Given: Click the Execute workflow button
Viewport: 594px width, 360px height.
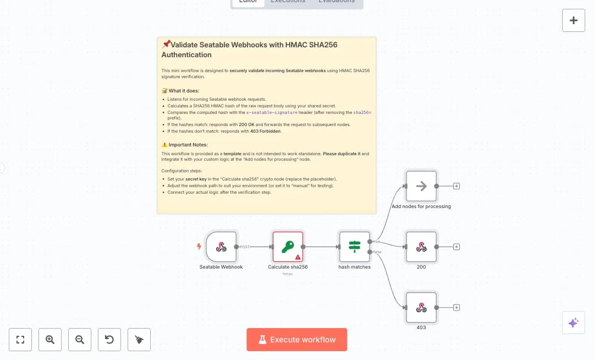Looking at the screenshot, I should pyautogui.click(x=296, y=340).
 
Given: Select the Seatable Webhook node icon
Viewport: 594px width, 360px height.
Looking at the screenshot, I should pyautogui.click(x=221, y=247).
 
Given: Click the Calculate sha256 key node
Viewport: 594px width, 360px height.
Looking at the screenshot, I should pyautogui.click(x=288, y=247).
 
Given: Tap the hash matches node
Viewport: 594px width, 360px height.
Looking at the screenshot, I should pyautogui.click(x=354, y=247).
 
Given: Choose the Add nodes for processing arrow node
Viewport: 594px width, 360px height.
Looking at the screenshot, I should pyautogui.click(x=421, y=186).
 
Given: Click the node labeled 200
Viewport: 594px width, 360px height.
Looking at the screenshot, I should pyautogui.click(x=421, y=247).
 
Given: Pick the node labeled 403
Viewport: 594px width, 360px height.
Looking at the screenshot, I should pyautogui.click(x=421, y=308).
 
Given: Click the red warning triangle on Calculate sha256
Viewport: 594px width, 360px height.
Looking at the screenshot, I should pyautogui.click(x=298, y=257).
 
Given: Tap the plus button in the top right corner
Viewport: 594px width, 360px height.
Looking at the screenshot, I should pyautogui.click(x=573, y=20).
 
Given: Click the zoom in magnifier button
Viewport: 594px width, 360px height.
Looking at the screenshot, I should pyautogui.click(x=50, y=340).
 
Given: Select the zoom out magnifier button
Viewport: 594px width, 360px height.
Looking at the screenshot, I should pyautogui.click(x=80, y=340).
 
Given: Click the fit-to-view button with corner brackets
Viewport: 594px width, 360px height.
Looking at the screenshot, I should pyautogui.click(x=20, y=340).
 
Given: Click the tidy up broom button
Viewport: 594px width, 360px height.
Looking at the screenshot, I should pyautogui.click(x=139, y=340).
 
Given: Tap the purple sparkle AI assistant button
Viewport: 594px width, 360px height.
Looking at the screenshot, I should pyautogui.click(x=573, y=323).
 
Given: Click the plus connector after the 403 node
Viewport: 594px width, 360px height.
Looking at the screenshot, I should pyautogui.click(x=457, y=308).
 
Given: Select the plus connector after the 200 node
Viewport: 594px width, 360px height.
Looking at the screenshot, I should pyautogui.click(x=457, y=247).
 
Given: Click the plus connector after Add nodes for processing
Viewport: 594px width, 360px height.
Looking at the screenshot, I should pyautogui.click(x=457, y=186).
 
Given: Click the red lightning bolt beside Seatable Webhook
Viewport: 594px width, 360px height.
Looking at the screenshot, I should pyautogui.click(x=199, y=247).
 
